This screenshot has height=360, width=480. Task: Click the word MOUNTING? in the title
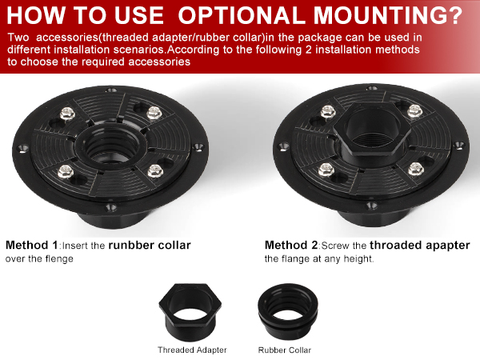click(387, 15)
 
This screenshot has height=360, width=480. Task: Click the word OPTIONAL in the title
click(242, 15)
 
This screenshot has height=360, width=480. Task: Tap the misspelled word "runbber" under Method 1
click(130, 246)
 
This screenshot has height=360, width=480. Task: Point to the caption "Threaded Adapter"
click(192, 350)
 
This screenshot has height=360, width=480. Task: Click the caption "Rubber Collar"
click(284, 350)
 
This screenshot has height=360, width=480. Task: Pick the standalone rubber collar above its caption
click(287, 311)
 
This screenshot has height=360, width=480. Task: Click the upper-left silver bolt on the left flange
click(67, 114)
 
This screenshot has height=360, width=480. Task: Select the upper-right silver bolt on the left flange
click(154, 112)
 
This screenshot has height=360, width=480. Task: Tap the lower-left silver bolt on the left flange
click(66, 171)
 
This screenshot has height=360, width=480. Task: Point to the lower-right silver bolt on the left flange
click(155, 171)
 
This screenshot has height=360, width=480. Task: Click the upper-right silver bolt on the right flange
click(414, 111)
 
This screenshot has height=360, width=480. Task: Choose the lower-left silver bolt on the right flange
click(326, 170)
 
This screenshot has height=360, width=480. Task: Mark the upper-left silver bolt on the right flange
click(328, 111)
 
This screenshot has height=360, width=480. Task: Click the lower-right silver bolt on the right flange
click(416, 170)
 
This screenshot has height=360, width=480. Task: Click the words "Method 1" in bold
click(31, 246)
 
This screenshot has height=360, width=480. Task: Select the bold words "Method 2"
click(291, 246)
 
